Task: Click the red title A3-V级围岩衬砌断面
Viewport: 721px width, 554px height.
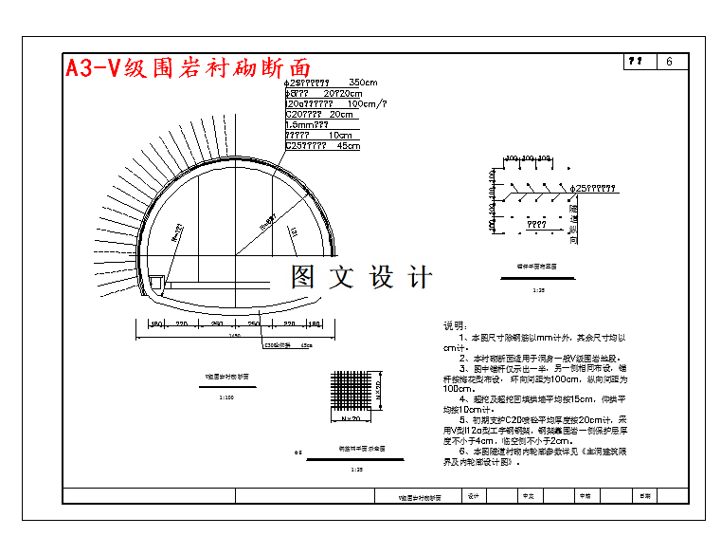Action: [x=188, y=67]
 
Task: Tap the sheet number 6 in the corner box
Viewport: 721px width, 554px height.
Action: [x=670, y=62]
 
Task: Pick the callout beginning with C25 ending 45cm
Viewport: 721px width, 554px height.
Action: [x=323, y=146]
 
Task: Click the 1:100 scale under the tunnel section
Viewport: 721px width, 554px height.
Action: [x=226, y=397]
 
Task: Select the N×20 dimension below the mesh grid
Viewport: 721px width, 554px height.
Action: [x=351, y=418]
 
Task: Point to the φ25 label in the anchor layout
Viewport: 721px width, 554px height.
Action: [x=596, y=188]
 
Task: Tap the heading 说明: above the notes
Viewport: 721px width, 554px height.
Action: [x=456, y=325]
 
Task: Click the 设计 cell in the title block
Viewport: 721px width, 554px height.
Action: [x=473, y=495]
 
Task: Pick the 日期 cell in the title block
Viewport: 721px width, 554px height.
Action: [x=645, y=495]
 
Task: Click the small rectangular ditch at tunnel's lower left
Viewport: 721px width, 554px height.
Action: [x=156, y=282]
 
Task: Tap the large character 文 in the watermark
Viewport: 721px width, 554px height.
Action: [x=341, y=277]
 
